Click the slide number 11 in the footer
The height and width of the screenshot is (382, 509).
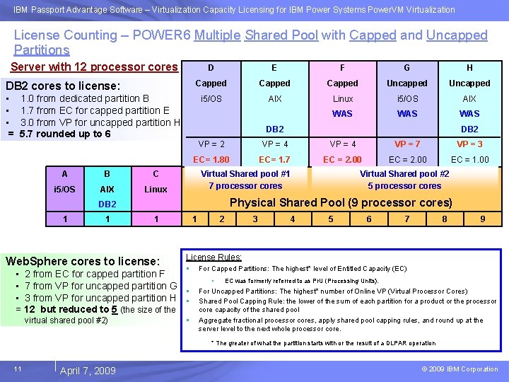[x=18, y=369]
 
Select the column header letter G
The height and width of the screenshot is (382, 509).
[x=406, y=68]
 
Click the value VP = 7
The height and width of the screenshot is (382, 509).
[x=407, y=144]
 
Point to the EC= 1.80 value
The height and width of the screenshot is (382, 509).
[x=211, y=160]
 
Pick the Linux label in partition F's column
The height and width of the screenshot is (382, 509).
[x=343, y=99]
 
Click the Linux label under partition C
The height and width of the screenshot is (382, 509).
[x=156, y=190]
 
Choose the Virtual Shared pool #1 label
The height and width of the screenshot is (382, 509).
[x=245, y=173]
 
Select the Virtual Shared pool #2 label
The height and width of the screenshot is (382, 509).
[x=404, y=173]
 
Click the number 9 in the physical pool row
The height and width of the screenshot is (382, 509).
[x=482, y=219]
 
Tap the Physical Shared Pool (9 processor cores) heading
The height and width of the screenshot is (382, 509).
[x=341, y=203]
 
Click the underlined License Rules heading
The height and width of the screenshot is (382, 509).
[x=213, y=257]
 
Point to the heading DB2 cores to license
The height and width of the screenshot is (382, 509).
[x=63, y=85]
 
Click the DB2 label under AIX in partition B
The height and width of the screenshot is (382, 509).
[x=107, y=204]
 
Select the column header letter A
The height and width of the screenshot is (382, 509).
[x=65, y=174]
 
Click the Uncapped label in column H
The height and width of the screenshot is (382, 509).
[x=469, y=83]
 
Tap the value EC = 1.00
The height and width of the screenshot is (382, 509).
[x=469, y=160]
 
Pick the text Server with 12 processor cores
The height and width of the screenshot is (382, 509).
[x=94, y=67]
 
